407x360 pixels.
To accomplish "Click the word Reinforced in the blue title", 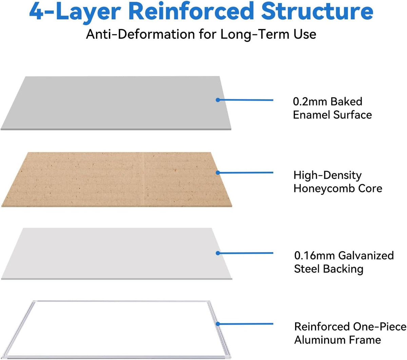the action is click(x=193, y=11).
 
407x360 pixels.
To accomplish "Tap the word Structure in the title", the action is click(x=317, y=11).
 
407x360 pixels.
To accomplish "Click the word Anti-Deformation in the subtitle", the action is click(x=140, y=34).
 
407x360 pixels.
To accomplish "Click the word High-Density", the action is click(x=327, y=175).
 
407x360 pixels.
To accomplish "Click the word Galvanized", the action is click(x=366, y=256).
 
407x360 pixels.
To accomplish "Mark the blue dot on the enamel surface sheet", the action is click(x=218, y=100).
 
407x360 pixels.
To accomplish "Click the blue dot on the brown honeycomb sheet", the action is click(x=218, y=173).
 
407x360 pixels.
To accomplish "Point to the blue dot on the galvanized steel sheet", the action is click(x=218, y=253).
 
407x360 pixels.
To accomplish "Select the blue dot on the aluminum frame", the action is click(x=218, y=324).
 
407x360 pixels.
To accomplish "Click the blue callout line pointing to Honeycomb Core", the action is click(x=246, y=173).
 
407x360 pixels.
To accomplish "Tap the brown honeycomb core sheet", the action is click(x=117, y=179).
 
